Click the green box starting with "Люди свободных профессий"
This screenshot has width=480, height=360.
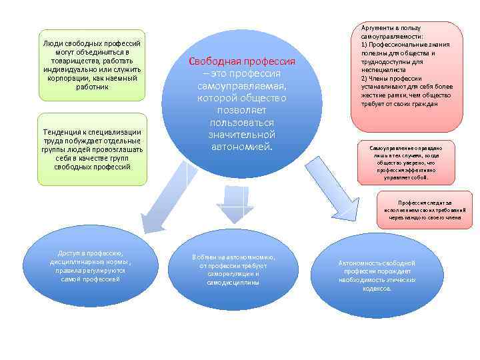pyautogui.click(x=91, y=65)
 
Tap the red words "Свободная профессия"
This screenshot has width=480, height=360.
pyautogui.click(x=241, y=61)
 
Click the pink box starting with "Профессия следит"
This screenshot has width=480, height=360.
pyautogui.click(x=424, y=210)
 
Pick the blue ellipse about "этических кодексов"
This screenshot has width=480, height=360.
pyautogui.click(x=377, y=275)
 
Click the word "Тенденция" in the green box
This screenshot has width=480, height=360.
pyautogui.click(x=63, y=132)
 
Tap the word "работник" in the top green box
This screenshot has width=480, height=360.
pyautogui.click(x=92, y=87)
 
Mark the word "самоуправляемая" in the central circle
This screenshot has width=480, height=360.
pyautogui.click(x=241, y=87)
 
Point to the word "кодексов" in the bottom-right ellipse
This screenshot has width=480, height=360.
pyautogui.click(x=377, y=289)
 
